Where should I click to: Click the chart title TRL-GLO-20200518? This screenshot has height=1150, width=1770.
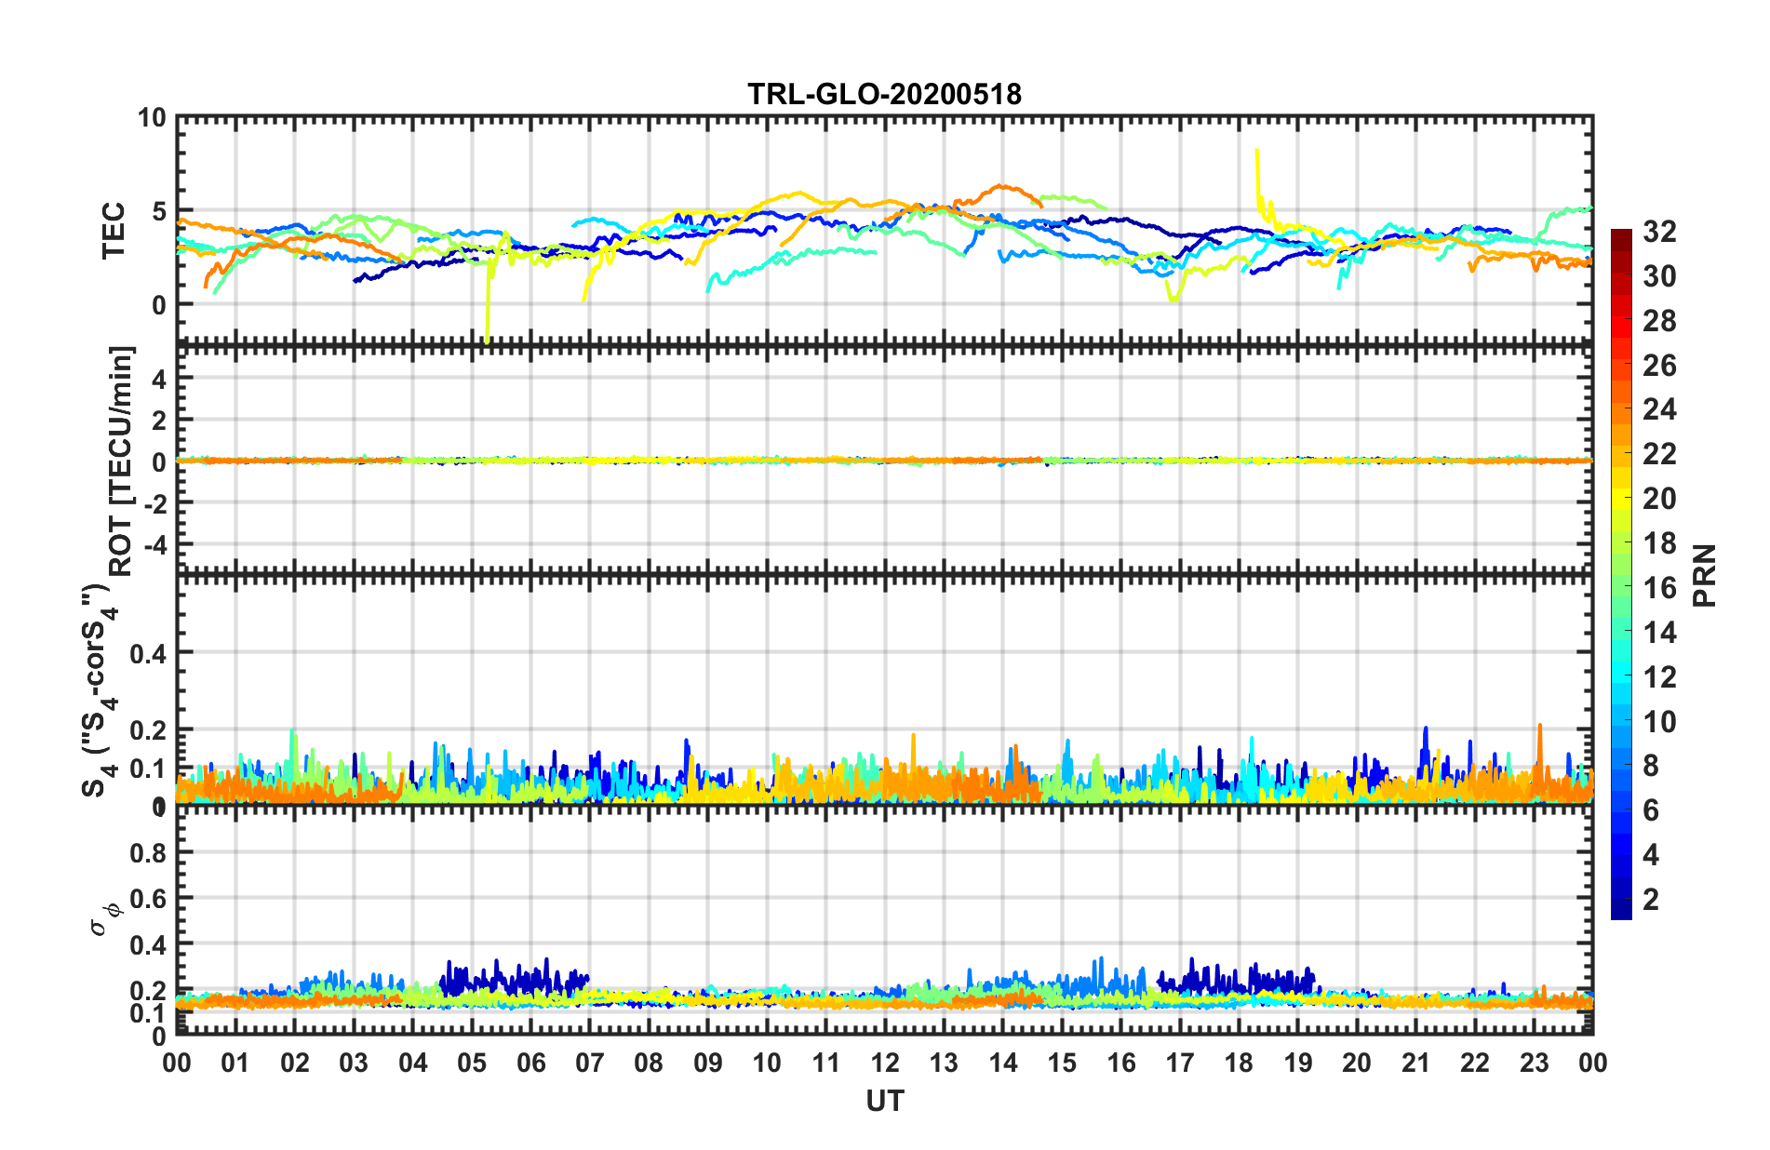884,94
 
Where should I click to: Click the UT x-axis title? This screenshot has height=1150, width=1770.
884,1102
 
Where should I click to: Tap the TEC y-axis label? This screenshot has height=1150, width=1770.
114,230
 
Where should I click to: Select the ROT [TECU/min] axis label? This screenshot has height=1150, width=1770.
122,461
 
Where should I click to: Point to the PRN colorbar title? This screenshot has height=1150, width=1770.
1704,576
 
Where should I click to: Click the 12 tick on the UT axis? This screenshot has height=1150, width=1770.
885,1063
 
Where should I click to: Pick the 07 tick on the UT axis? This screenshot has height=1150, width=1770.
590,1063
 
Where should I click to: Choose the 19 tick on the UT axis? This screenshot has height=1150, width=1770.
1298,1063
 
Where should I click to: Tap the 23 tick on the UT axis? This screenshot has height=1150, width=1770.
1534,1063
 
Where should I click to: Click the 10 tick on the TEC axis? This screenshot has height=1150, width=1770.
152,118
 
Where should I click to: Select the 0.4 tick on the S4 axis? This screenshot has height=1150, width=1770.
148,653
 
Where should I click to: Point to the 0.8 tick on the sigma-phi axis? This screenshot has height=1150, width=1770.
148,853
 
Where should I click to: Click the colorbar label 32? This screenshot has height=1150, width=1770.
1659,232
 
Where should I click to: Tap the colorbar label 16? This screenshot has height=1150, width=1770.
1659,588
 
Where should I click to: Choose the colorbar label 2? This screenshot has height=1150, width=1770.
1652,900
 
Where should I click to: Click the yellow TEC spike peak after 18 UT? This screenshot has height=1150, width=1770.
1257,150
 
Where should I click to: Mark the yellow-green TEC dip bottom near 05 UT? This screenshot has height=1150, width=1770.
487,341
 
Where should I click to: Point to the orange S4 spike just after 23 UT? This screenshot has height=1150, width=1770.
1540,726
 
